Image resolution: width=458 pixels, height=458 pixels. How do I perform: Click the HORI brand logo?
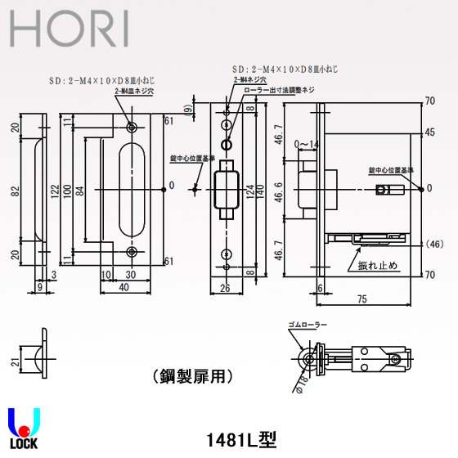click(70, 29)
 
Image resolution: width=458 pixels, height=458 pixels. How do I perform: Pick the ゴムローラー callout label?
click(307, 325)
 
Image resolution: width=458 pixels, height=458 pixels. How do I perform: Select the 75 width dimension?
click(384, 301)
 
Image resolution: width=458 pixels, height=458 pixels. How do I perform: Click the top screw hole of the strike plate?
click(132, 126)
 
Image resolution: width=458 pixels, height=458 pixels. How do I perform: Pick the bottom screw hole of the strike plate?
click(132, 251)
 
